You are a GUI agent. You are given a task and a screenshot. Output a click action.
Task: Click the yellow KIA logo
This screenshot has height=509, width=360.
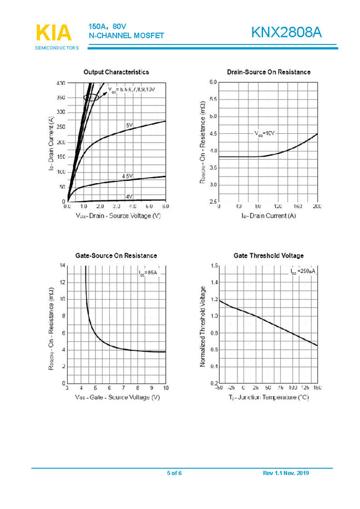tap(54, 33)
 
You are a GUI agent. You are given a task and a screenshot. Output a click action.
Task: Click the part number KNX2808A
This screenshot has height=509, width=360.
tap(286, 33)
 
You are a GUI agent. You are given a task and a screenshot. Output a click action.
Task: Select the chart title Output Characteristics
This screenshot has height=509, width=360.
tap(116, 72)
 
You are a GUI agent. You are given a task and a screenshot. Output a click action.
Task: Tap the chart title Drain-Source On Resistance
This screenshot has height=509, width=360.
tap(268, 72)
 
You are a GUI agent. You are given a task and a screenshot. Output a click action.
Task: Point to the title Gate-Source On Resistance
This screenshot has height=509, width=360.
tap(116, 256)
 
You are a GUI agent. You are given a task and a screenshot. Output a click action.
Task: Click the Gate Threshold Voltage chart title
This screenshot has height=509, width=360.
tap(268, 256)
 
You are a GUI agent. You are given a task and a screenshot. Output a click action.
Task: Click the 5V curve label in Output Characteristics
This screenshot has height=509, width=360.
tap(129, 126)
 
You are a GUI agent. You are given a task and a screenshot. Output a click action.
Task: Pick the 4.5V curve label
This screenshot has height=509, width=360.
tap(128, 177)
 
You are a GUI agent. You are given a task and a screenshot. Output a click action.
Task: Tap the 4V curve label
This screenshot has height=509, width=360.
tap(129, 196)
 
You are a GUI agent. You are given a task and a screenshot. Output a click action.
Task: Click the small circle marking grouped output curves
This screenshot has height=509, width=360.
tap(92, 97)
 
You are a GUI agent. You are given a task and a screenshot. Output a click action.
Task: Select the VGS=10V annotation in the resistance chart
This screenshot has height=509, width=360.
tap(265, 134)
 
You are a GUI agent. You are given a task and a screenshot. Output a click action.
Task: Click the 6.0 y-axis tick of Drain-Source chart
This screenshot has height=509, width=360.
tap(213, 82)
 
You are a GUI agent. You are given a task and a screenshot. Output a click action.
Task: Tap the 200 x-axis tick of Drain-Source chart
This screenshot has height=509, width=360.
tap(317, 206)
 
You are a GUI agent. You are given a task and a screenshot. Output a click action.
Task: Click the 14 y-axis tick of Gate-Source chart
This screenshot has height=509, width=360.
tap(63, 266)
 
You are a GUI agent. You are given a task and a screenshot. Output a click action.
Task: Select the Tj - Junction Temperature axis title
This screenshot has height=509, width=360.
tap(268, 398)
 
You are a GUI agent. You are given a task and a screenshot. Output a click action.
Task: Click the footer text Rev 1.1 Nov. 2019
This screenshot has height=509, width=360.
tap(286, 473)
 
